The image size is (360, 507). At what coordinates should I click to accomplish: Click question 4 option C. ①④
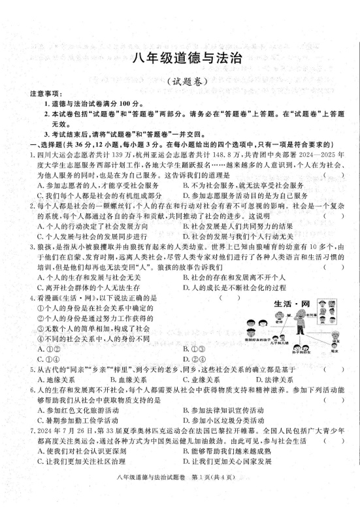pos(48,358)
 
